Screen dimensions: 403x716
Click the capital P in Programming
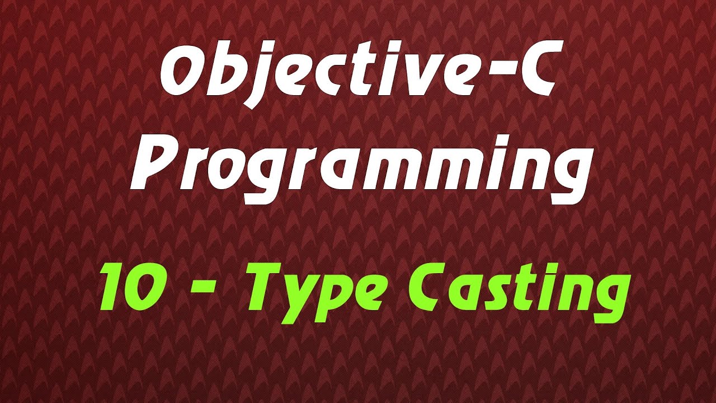tap(152, 162)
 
